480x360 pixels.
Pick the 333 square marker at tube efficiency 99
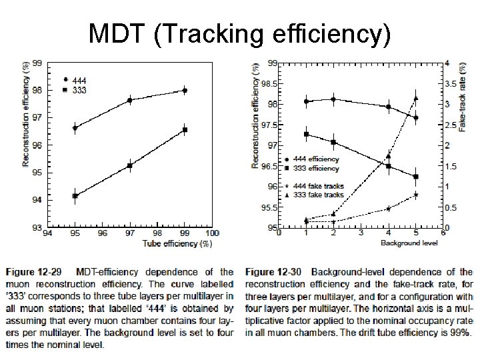click(x=185, y=130)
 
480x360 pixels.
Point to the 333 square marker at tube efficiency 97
click(x=130, y=165)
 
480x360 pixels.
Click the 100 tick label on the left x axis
click(x=212, y=233)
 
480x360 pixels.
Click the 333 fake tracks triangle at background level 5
click(x=416, y=98)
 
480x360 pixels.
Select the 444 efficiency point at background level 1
click(x=306, y=101)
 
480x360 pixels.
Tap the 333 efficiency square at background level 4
click(x=389, y=166)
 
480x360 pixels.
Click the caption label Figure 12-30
click(x=271, y=272)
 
